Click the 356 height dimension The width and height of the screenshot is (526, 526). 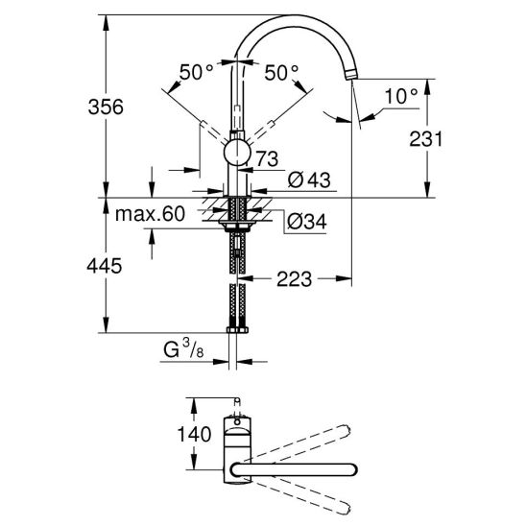pyautogui.click(x=106, y=108)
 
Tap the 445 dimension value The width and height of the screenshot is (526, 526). pyautogui.click(x=105, y=266)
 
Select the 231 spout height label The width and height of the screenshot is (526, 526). pyautogui.click(x=426, y=139)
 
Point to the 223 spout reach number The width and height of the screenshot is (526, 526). pyautogui.click(x=294, y=278)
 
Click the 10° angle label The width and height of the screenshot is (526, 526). pyautogui.click(x=401, y=96)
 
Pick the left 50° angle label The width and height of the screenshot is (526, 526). pyautogui.click(x=196, y=72)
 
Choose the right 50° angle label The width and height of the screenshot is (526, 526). pyautogui.click(x=281, y=72)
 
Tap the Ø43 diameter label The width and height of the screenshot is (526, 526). pyautogui.click(x=309, y=179)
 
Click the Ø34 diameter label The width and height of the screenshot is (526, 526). pyautogui.click(x=306, y=222)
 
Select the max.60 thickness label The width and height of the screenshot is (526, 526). pyautogui.click(x=150, y=214)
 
